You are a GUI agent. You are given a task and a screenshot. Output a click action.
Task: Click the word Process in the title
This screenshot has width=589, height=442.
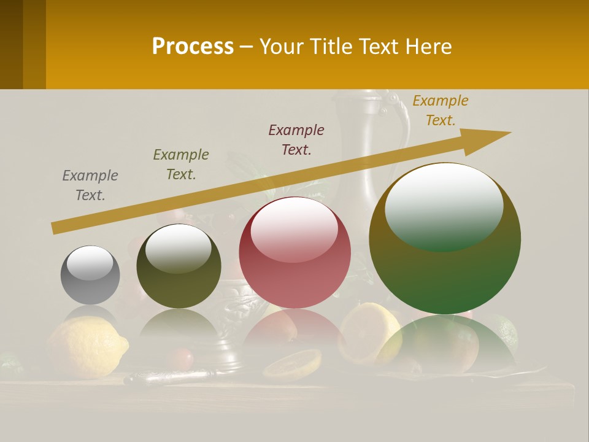(x=193, y=47)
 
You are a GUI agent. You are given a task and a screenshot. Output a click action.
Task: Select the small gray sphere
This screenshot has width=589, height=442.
(x=90, y=275)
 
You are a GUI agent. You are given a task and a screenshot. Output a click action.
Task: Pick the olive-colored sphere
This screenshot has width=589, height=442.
(x=179, y=266)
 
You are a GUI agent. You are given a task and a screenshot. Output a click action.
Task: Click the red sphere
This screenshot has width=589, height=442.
(x=294, y=252)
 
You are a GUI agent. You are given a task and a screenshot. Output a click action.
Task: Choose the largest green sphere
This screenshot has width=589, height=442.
(x=445, y=239)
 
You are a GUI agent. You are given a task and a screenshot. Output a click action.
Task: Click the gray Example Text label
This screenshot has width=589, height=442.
(x=90, y=185)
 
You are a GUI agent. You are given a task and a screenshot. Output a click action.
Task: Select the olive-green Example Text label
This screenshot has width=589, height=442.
(x=181, y=165)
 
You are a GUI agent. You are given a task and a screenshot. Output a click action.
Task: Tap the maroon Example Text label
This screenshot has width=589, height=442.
(x=296, y=140)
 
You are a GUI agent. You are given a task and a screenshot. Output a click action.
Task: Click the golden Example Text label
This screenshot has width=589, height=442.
(x=441, y=110)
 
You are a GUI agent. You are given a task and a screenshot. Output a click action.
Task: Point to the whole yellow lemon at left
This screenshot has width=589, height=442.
(x=86, y=347)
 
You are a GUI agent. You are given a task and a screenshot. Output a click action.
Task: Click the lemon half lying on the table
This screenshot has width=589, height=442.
(x=293, y=365)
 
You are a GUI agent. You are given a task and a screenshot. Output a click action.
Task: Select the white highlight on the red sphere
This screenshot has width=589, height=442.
(x=294, y=230)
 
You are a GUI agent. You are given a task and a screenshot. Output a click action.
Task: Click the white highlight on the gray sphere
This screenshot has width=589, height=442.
(x=90, y=263)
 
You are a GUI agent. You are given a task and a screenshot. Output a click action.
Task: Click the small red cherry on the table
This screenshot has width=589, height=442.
(x=182, y=358)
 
